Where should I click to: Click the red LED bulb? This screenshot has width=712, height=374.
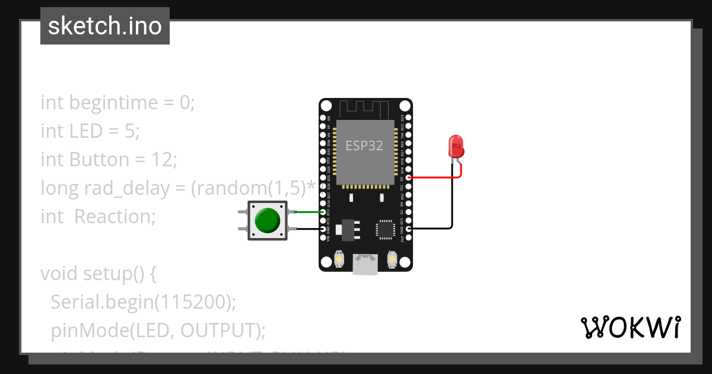click(456, 146)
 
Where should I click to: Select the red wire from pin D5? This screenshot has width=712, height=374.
click(433, 177)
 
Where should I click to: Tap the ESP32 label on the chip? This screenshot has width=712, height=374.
click(364, 145)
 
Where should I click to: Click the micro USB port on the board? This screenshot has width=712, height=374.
click(365, 264)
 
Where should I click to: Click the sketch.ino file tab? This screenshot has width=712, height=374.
click(105, 26)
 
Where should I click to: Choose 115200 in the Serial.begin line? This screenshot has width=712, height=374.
click(192, 302)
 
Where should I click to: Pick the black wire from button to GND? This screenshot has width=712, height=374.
click(306, 229)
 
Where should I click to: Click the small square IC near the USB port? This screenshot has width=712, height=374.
click(385, 229)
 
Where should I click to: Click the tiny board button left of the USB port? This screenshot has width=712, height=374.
click(339, 259)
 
